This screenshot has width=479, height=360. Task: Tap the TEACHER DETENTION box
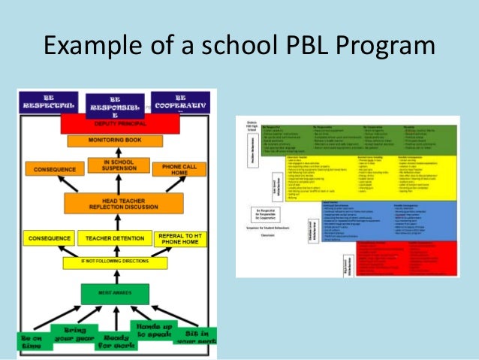(x=114, y=238)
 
